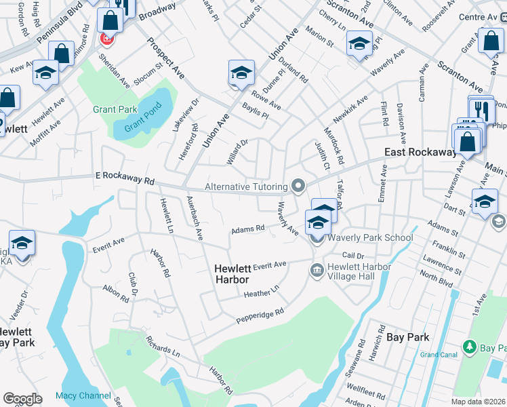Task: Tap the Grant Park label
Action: click(x=115, y=109)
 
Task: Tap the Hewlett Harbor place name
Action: click(x=231, y=274)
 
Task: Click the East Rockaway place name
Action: click(x=420, y=153)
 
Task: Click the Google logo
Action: click(x=22, y=399)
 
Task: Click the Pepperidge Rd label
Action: click(x=260, y=315)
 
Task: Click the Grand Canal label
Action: click(x=439, y=355)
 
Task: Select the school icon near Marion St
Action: click(x=359, y=44)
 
